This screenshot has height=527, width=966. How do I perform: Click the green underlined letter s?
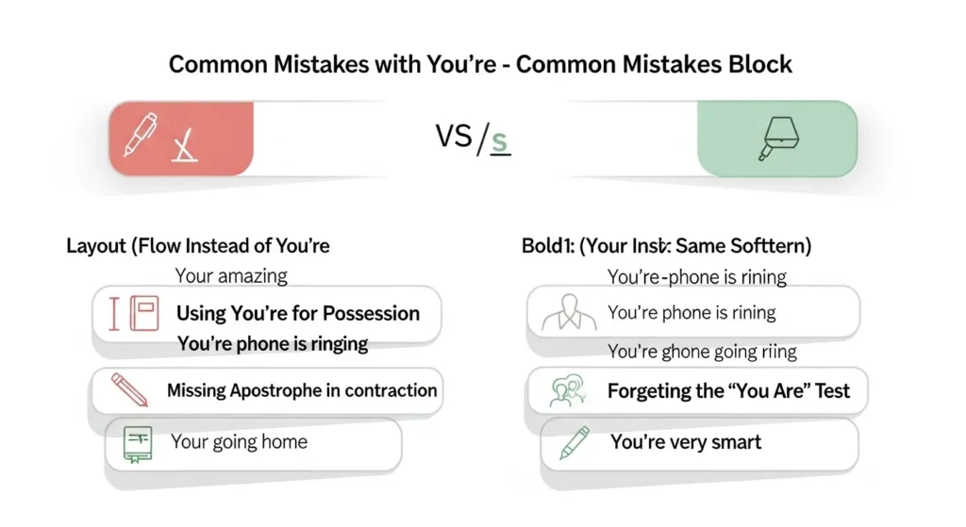click(500, 140)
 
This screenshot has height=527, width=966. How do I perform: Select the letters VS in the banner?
click(454, 137)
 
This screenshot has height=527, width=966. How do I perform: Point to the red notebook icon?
click(143, 314)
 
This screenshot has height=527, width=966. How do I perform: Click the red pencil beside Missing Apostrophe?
click(129, 389)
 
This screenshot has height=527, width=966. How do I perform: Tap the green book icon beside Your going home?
click(137, 444)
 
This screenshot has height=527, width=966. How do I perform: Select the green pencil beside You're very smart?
click(574, 443)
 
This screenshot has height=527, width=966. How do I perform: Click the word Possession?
click(372, 313)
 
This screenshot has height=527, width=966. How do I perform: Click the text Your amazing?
click(231, 276)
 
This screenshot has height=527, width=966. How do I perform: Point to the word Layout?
click(97, 247)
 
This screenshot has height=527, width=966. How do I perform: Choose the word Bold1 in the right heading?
click(547, 247)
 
